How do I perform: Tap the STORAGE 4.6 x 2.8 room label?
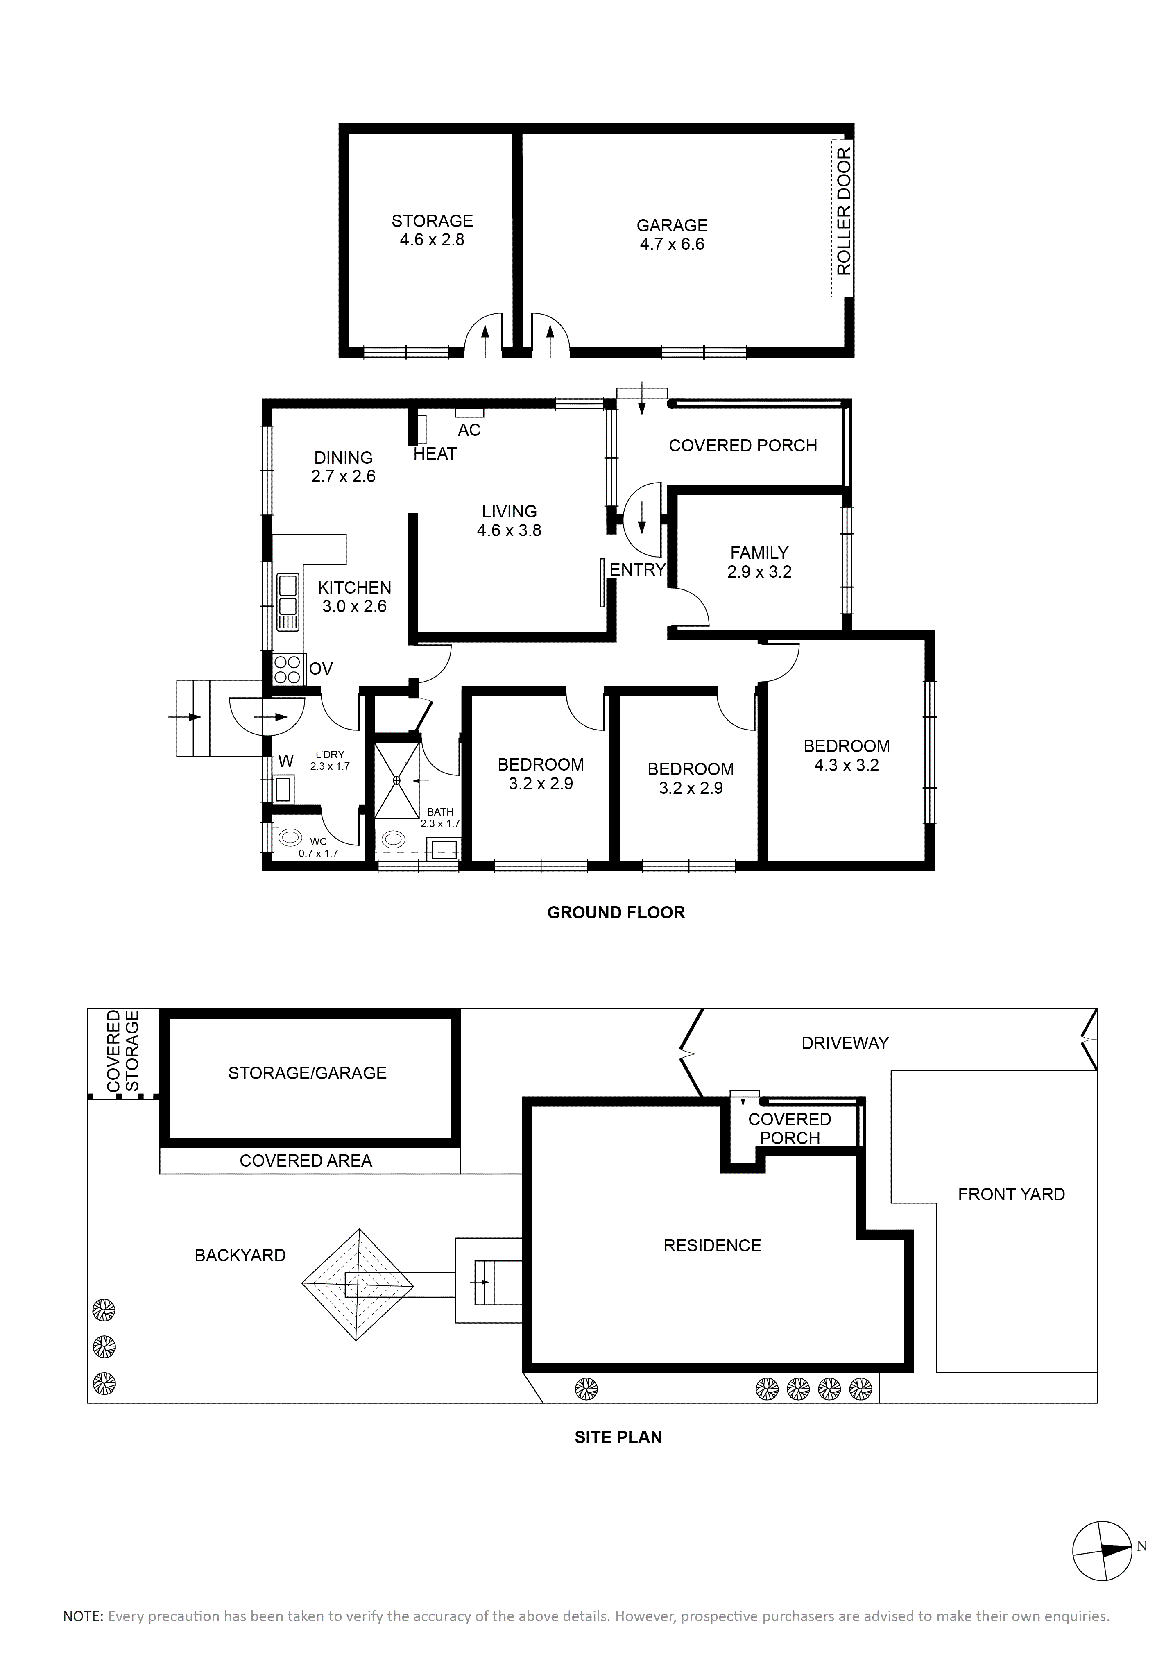click(432, 230)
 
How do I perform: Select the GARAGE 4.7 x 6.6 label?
click(672, 235)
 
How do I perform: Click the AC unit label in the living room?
click(469, 430)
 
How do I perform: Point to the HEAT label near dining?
click(435, 454)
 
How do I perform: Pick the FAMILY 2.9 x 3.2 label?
click(759, 562)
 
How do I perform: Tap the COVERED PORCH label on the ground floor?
click(743, 446)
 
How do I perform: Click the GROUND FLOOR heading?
click(616, 913)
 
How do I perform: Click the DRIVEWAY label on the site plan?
click(845, 1043)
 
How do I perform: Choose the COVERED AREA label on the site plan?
click(306, 1160)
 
